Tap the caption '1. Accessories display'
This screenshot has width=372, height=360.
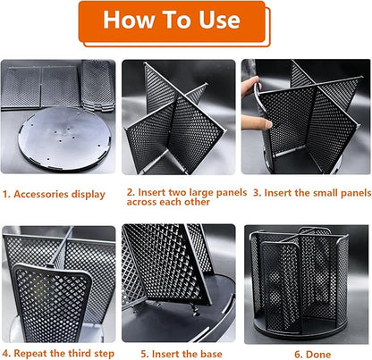click(54, 194)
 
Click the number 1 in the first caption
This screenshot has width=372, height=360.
click(4, 194)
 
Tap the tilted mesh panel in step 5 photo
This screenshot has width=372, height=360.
click(165, 264)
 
